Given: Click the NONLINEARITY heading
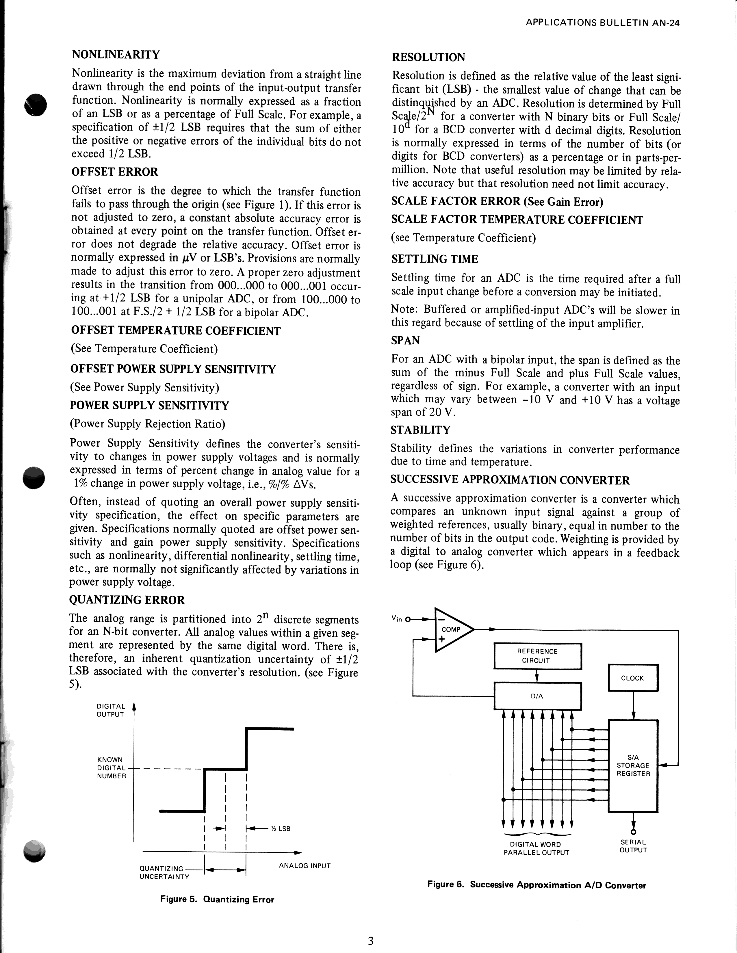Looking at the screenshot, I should [x=116, y=55].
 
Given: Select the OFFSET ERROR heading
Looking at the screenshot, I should [x=115, y=172].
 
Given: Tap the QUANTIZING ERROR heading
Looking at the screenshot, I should [x=127, y=600].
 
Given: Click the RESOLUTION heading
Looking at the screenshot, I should [x=428, y=57].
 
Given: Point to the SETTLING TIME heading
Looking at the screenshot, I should [x=435, y=259].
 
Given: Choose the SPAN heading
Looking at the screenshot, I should [x=405, y=340].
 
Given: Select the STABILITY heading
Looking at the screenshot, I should [x=420, y=430].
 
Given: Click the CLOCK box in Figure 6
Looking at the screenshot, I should [x=632, y=678].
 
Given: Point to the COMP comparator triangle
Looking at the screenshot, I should [x=451, y=630].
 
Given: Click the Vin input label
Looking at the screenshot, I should [x=397, y=618].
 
